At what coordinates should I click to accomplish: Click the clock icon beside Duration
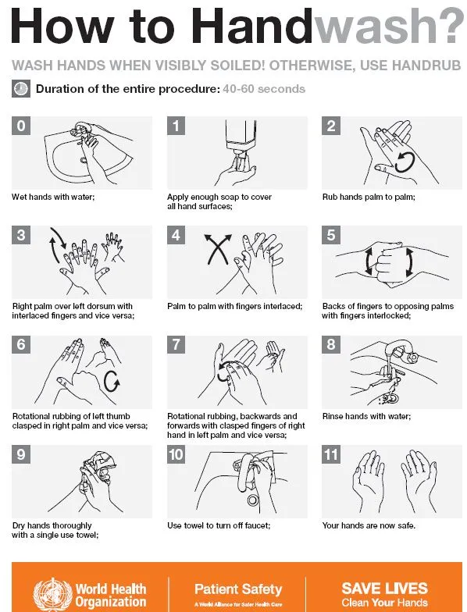(21, 89)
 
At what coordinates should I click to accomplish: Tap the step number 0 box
(21, 126)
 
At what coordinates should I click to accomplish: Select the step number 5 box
(331, 235)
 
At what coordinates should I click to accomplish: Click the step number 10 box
(176, 454)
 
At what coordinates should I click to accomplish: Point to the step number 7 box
(176, 345)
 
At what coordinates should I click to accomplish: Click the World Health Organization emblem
(53, 595)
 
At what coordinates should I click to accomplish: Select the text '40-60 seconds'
(264, 89)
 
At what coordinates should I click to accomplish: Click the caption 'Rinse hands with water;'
(366, 417)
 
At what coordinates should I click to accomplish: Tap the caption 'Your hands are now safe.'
(369, 526)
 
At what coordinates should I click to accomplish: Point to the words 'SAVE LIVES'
(384, 589)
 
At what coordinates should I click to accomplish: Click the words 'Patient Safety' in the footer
(238, 589)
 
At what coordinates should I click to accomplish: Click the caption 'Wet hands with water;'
(53, 197)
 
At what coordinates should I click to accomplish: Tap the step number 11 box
(331, 454)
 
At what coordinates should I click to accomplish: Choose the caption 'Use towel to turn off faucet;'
(219, 526)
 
